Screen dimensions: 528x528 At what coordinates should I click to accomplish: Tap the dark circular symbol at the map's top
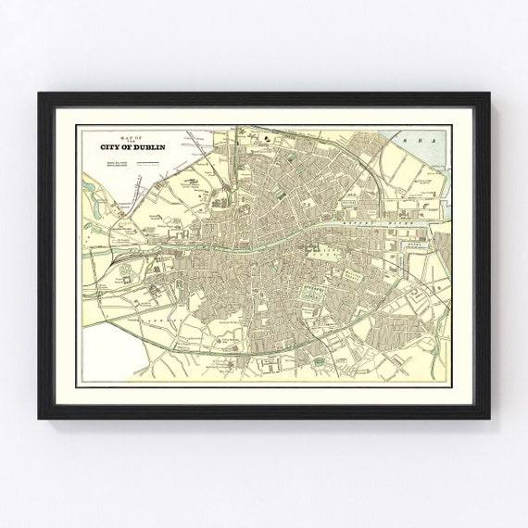point(266,140)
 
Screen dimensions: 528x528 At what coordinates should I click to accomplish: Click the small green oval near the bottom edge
point(320,359)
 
